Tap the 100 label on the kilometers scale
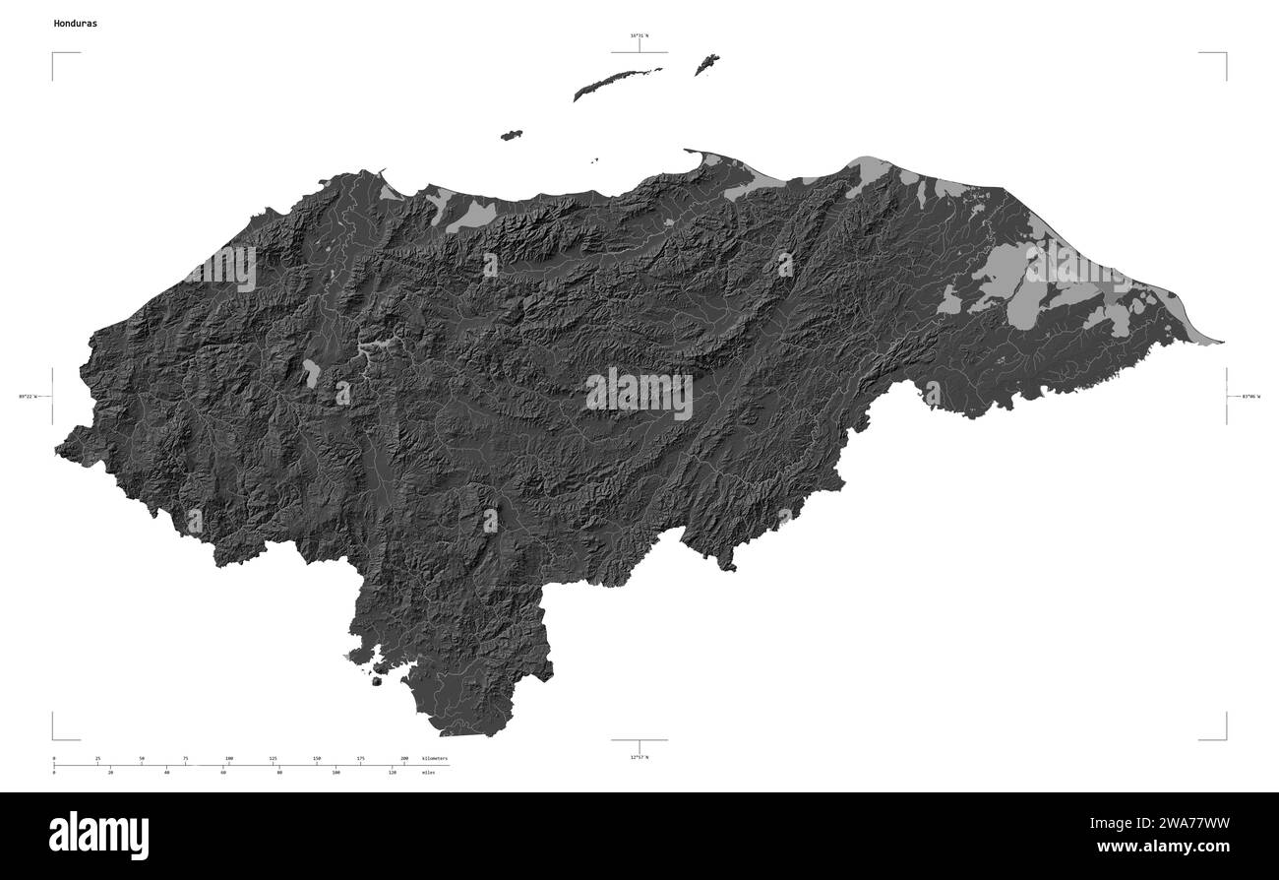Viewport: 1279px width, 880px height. (229, 758)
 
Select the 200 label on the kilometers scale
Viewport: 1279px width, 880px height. (404, 758)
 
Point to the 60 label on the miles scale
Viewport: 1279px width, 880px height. (223, 774)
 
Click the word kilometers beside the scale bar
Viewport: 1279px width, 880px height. (434, 758)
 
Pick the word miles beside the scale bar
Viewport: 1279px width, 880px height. (427, 774)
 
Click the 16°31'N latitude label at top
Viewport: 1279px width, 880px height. (639, 36)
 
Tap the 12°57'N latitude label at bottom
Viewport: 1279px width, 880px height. (639, 756)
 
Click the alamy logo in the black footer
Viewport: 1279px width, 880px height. (99, 835)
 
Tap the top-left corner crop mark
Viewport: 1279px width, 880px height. (54, 54)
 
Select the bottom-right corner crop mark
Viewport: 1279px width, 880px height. (1225, 737)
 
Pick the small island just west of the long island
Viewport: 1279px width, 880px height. (511, 135)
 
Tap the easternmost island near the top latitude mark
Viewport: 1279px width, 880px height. (706, 65)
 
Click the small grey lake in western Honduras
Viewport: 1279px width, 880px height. (311, 372)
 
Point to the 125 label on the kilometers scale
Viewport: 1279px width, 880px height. (273, 758)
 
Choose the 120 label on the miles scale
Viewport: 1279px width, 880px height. (393, 774)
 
